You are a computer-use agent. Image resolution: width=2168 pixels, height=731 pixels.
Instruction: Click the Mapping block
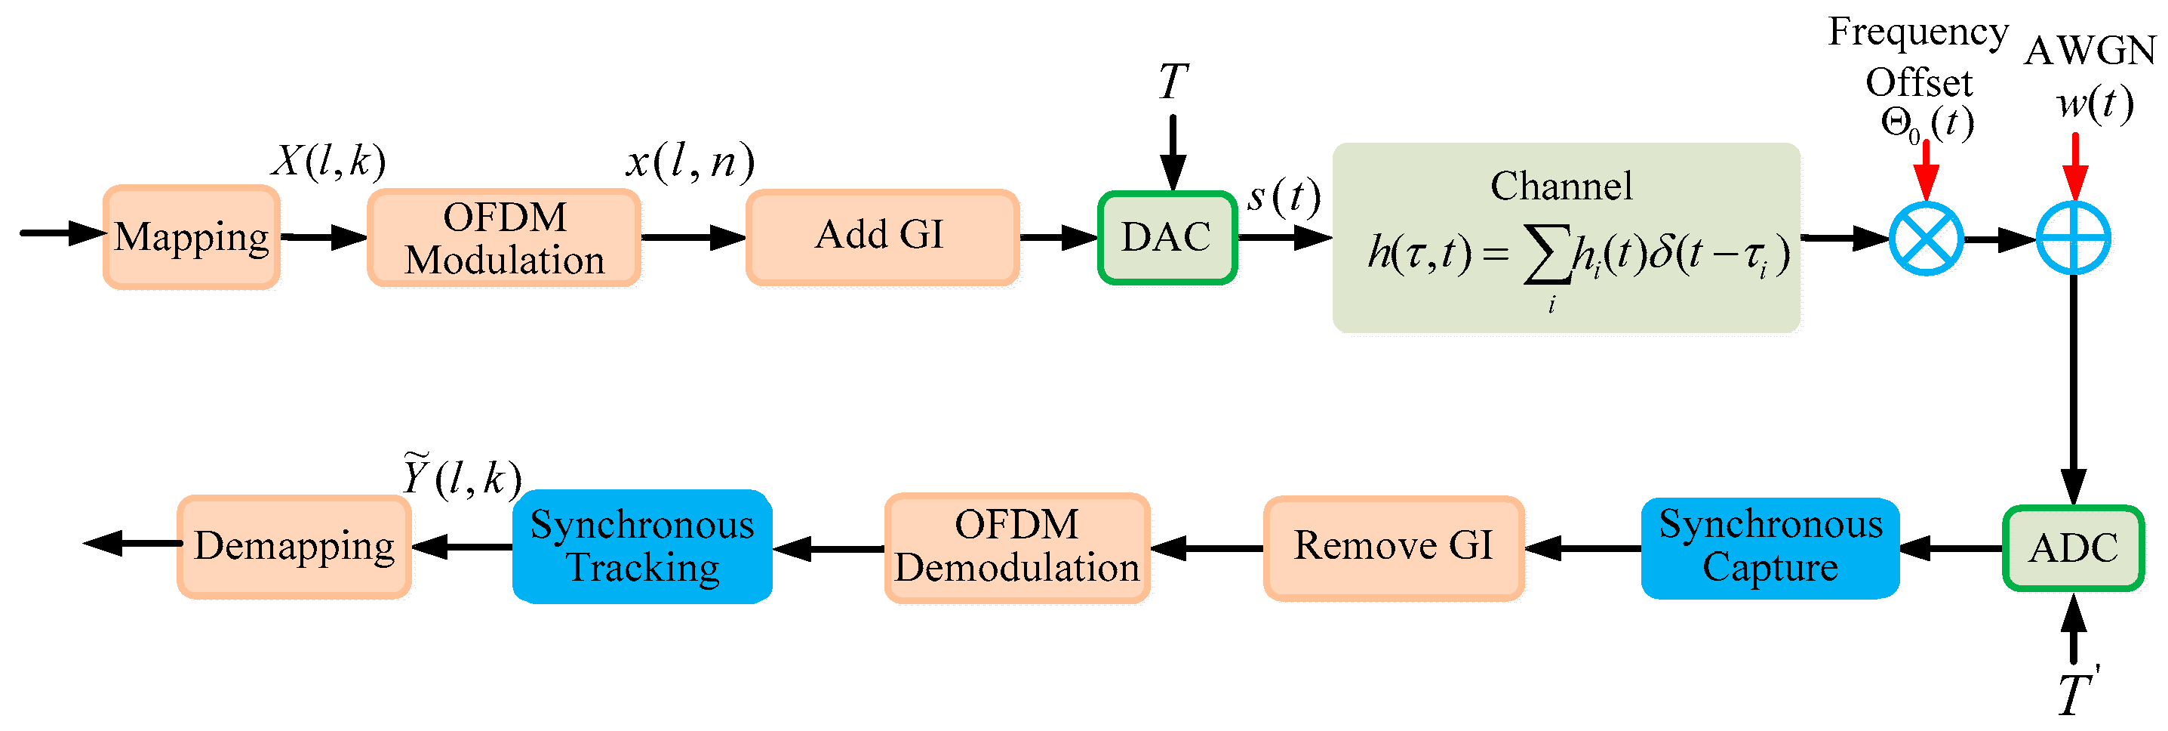coord(192,237)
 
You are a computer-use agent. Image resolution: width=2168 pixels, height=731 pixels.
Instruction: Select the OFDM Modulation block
coord(504,239)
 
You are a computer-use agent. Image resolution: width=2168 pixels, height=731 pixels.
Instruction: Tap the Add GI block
coord(882,236)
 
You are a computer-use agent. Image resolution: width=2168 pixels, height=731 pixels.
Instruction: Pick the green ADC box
coord(2072,548)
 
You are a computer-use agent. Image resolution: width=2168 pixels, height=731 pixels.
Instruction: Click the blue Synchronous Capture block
coord(1769,547)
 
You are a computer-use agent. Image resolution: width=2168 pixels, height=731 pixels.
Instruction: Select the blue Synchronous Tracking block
coord(642,547)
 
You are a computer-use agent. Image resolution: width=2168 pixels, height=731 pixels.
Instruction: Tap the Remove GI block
coord(1393,547)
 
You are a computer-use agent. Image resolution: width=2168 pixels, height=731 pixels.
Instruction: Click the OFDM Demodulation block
coord(1016,547)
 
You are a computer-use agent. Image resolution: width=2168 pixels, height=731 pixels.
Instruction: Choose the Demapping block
coord(294,547)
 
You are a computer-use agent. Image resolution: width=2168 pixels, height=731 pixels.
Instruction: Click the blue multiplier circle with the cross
coord(1926,239)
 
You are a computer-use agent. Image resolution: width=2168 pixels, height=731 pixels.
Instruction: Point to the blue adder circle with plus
coord(2072,239)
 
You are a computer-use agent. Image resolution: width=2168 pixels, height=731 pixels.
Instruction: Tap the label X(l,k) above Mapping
coord(329,160)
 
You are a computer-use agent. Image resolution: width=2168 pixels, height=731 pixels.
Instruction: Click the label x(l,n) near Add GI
coord(689,160)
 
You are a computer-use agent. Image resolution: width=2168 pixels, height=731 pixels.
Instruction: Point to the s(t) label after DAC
coord(1284,197)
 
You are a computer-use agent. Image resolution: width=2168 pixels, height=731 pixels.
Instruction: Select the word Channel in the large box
coord(1561,186)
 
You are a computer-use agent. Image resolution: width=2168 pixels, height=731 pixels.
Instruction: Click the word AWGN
coord(2089,51)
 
